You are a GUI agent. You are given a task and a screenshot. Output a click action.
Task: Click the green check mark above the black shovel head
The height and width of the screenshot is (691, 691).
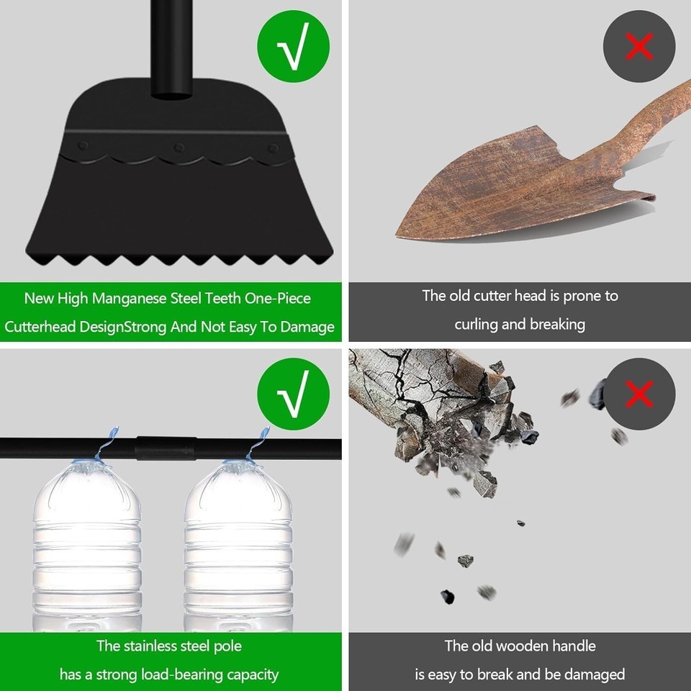[x=294, y=46]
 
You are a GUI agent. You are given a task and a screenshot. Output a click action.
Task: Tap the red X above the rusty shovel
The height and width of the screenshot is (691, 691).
[x=639, y=46]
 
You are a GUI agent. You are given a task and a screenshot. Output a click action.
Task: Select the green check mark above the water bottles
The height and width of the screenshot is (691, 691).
[x=294, y=394]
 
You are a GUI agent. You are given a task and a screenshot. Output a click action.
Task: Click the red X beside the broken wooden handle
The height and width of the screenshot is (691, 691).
[x=639, y=394]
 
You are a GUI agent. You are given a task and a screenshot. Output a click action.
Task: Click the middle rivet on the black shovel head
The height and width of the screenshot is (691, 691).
[x=179, y=147]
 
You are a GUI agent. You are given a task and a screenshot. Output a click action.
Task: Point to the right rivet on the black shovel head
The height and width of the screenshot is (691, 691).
[x=274, y=148]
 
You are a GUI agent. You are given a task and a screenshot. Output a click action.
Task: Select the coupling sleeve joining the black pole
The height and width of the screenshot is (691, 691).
[x=166, y=448]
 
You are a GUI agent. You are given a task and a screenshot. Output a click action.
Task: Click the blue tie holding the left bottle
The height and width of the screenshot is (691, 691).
[x=106, y=444]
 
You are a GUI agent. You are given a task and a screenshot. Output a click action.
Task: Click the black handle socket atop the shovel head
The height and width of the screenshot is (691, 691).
[x=171, y=48]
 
